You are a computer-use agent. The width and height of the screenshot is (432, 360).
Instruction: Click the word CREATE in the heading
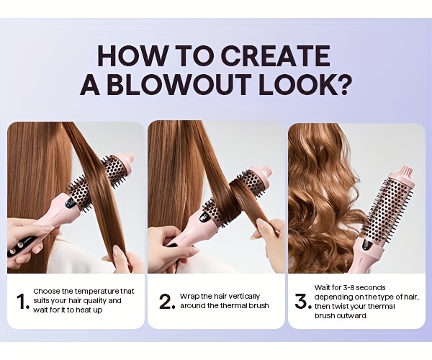[x=276, y=55]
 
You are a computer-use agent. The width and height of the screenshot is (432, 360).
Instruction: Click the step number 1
[x=22, y=302]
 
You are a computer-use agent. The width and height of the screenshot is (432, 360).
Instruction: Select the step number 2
[x=167, y=302]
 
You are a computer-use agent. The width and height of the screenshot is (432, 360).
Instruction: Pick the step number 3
[x=302, y=301]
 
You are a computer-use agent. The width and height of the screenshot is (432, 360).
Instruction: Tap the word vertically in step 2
[x=244, y=297]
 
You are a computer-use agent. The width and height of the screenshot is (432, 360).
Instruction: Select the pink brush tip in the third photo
[x=405, y=174]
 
